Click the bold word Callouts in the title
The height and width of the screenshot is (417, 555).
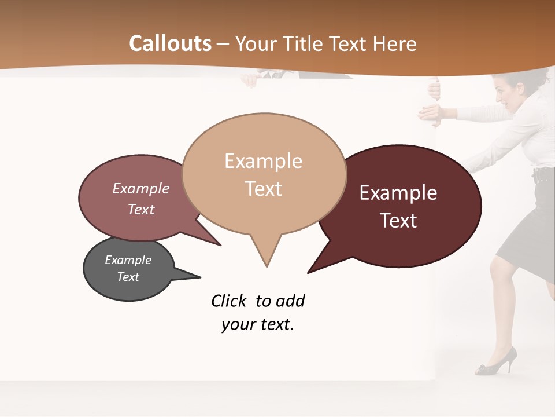point(170,43)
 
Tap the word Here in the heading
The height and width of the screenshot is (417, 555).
point(393,43)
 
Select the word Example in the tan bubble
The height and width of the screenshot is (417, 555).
point(263,161)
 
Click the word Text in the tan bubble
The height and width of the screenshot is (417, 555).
point(263,189)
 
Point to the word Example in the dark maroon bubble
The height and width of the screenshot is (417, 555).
point(398,193)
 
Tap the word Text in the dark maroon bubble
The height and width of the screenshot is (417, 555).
point(398,221)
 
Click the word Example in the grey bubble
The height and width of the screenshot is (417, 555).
point(128,260)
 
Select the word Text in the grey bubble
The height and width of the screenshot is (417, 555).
point(128,277)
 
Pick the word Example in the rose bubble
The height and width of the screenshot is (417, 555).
point(140,189)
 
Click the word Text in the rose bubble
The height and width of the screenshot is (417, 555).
point(140,209)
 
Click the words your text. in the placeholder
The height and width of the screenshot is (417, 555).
point(258,324)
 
